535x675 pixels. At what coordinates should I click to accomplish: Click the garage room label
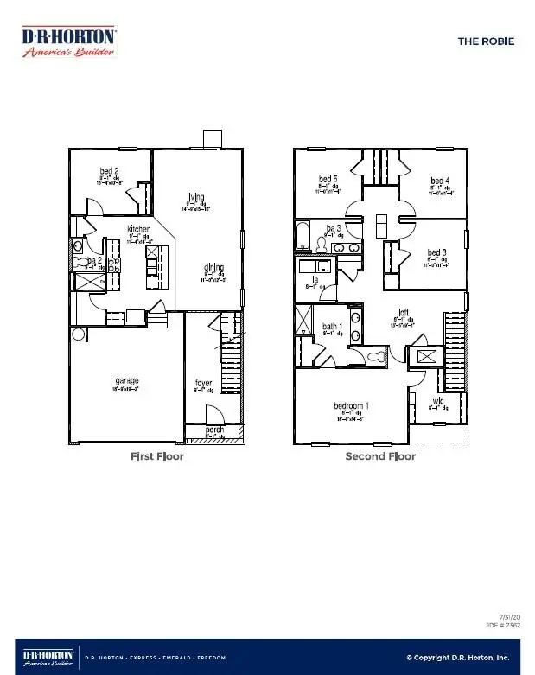click(127, 380)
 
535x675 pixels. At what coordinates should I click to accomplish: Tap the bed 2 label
click(109, 171)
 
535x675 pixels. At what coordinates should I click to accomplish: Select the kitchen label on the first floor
click(139, 230)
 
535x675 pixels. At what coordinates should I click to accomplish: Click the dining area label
click(215, 267)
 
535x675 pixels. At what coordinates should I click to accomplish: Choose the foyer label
click(203, 382)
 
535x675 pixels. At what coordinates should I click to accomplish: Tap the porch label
click(215, 430)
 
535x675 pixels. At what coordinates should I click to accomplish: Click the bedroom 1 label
click(352, 405)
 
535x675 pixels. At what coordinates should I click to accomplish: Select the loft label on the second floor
click(402, 313)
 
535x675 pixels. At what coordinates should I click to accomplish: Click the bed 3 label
click(437, 253)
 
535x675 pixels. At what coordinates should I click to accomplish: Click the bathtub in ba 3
click(303, 236)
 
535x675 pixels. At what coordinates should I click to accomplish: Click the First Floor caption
click(156, 456)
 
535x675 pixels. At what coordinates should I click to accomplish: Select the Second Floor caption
click(380, 456)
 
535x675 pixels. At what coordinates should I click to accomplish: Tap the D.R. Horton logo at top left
click(68, 40)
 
